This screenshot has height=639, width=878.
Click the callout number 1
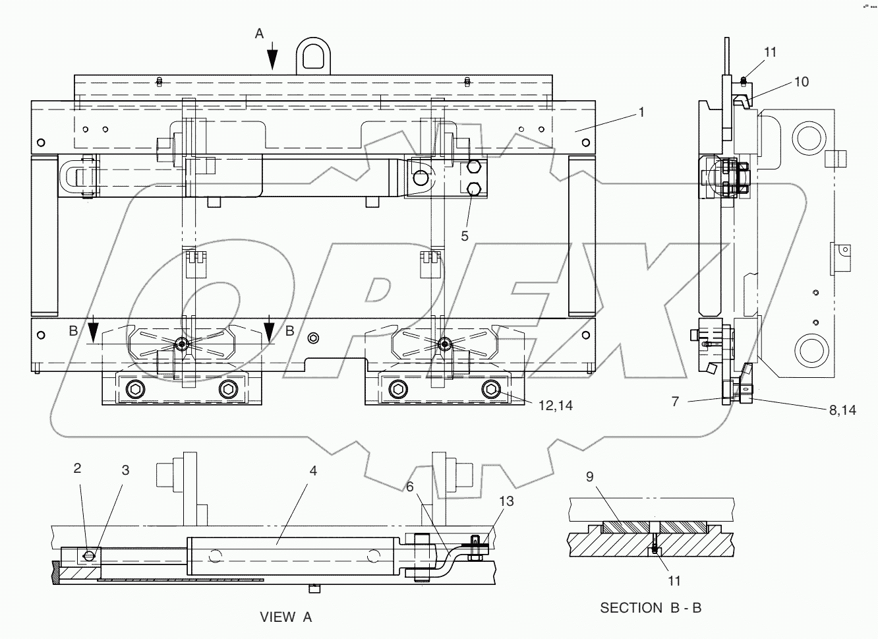click(640, 112)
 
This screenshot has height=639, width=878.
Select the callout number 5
click(465, 235)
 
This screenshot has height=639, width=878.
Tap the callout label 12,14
click(555, 406)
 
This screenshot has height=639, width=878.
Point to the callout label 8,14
click(842, 410)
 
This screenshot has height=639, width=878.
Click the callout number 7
click(675, 400)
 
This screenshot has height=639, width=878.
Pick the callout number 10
click(801, 82)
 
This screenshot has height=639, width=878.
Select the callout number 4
click(313, 471)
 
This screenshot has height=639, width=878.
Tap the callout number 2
click(77, 468)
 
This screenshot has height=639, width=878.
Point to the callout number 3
click(125, 470)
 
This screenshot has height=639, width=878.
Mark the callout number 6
click(409, 486)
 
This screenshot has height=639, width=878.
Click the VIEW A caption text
click(285, 617)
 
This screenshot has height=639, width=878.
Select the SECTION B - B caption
click(650, 608)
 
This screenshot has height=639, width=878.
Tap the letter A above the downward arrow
click(259, 32)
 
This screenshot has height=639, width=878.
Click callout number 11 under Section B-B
click(674, 580)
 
